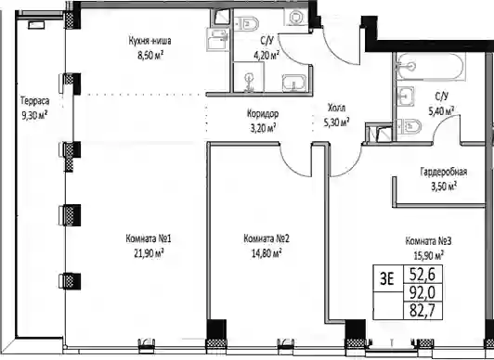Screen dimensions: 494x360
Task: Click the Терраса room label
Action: (x=35, y=101)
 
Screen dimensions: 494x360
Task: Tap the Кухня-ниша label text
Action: (x=150, y=41)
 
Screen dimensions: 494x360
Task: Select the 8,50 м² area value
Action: (x=150, y=56)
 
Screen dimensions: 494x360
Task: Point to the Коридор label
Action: (x=263, y=113)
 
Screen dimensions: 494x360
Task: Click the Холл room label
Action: (x=336, y=108)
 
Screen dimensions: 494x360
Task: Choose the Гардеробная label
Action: (x=444, y=172)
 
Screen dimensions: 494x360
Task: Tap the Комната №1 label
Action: (x=149, y=238)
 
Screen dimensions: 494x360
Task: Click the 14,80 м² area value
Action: (x=266, y=253)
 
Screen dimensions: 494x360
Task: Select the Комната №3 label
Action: (x=428, y=241)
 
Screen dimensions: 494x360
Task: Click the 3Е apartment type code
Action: (x=387, y=278)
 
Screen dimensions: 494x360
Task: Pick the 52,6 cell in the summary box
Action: (x=422, y=275)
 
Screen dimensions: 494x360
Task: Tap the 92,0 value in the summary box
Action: (x=422, y=293)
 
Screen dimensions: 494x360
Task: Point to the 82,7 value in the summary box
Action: (x=422, y=311)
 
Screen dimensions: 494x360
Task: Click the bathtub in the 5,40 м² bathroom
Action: (x=431, y=67)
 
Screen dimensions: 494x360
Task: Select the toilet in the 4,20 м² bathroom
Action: (x=248, y=23)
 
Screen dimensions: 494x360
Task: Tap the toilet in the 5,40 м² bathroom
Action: (x=409, y=127)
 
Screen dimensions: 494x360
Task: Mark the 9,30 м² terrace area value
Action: (x=34, y=115)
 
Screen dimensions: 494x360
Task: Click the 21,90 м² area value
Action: (x=149, y=253)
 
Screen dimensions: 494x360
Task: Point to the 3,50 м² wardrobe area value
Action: (x=444, y=186)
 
